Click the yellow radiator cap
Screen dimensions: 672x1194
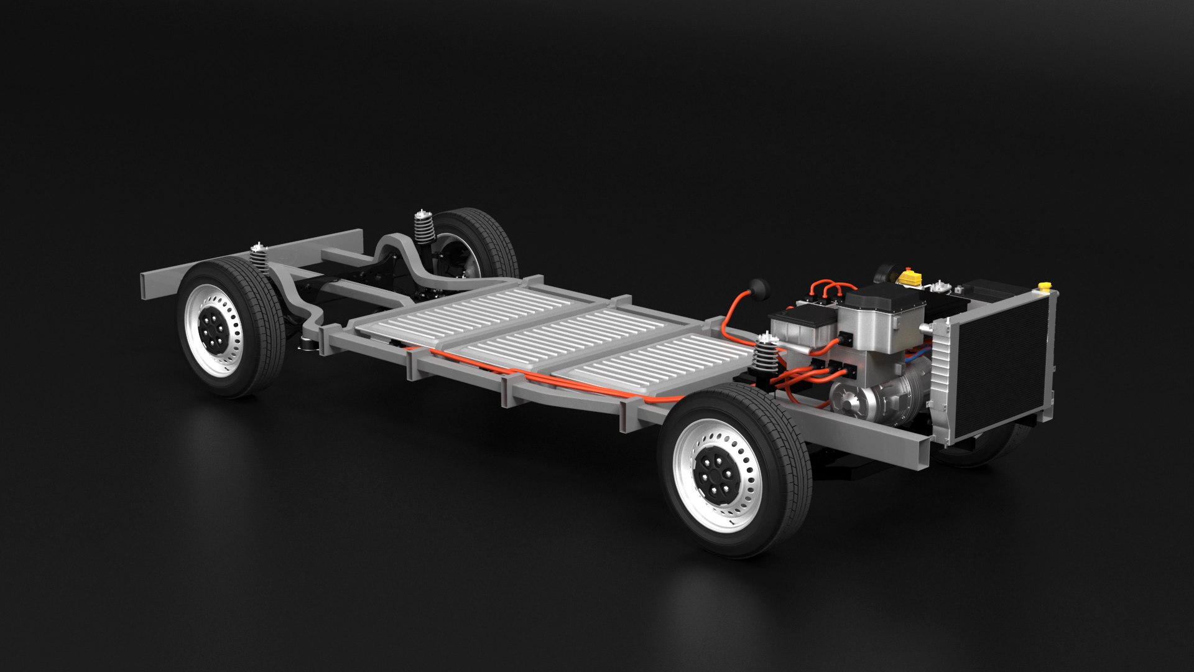pos(1044,286)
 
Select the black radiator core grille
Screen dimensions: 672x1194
pos(993,367)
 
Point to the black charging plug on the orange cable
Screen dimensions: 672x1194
pos(759,289)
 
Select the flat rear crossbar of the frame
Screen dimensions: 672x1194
pos(252,261)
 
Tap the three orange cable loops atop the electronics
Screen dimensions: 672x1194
pos(830,289)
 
